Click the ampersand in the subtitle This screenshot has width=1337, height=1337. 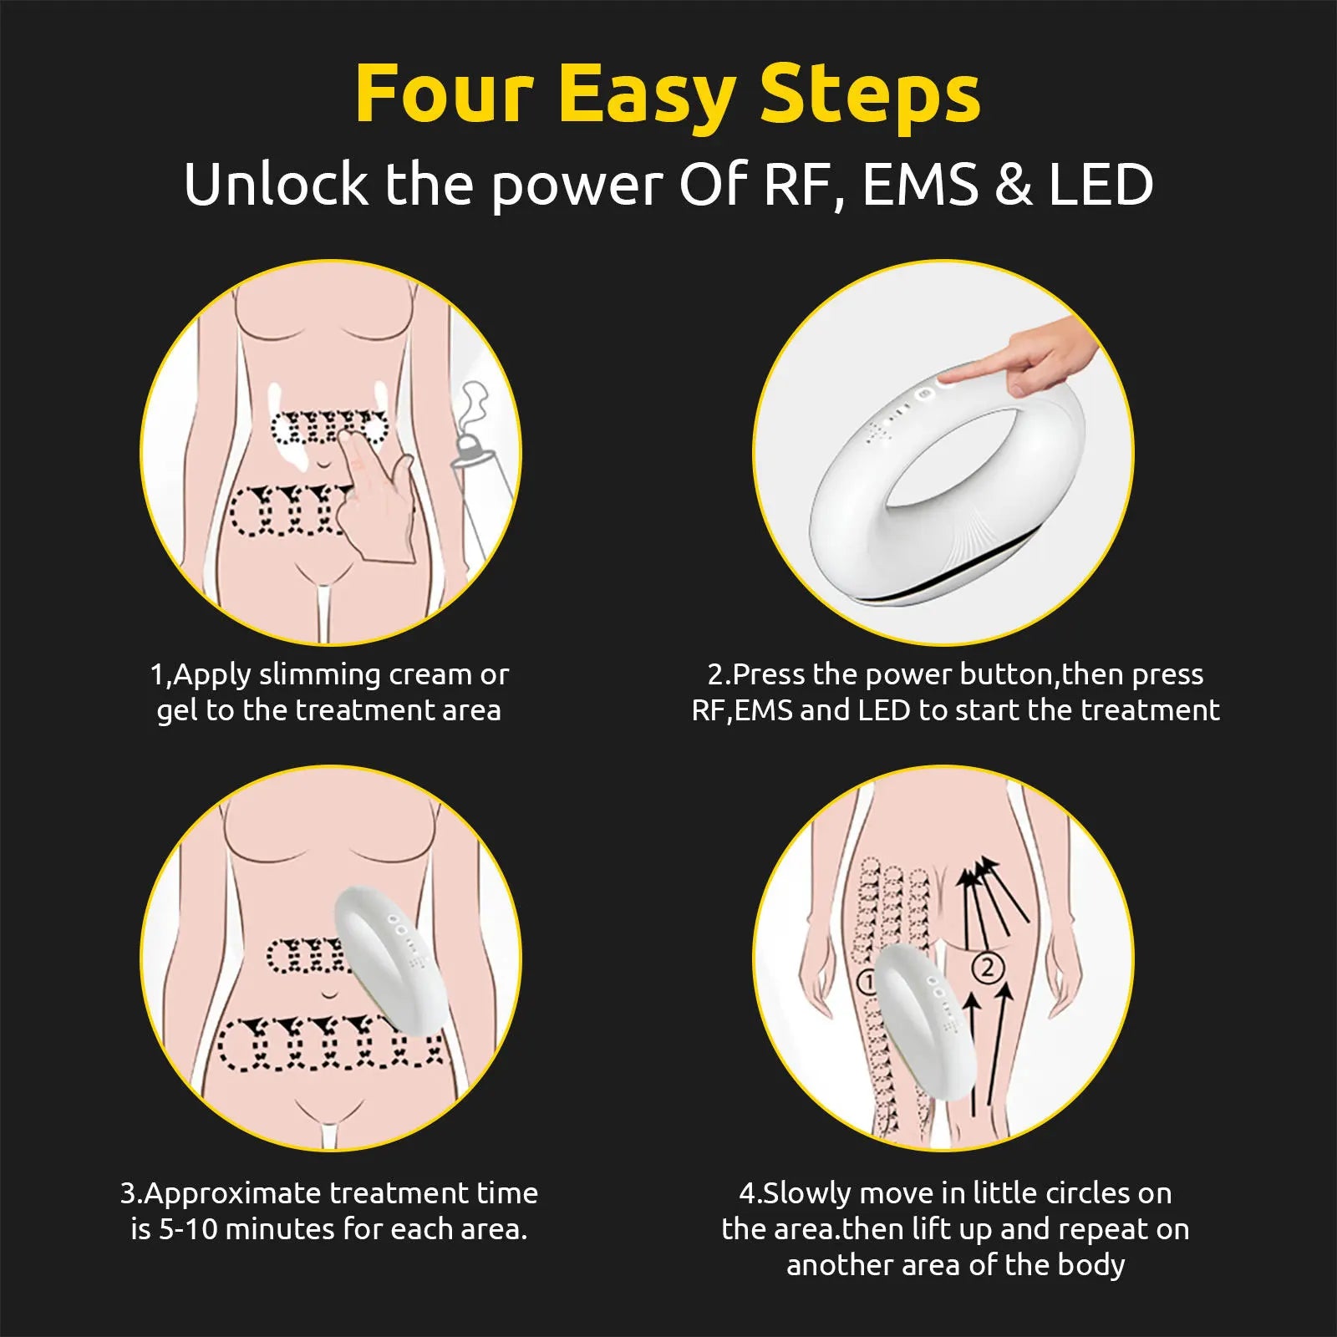coord(1014,185)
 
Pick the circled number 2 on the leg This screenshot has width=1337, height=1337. coord(988,968)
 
